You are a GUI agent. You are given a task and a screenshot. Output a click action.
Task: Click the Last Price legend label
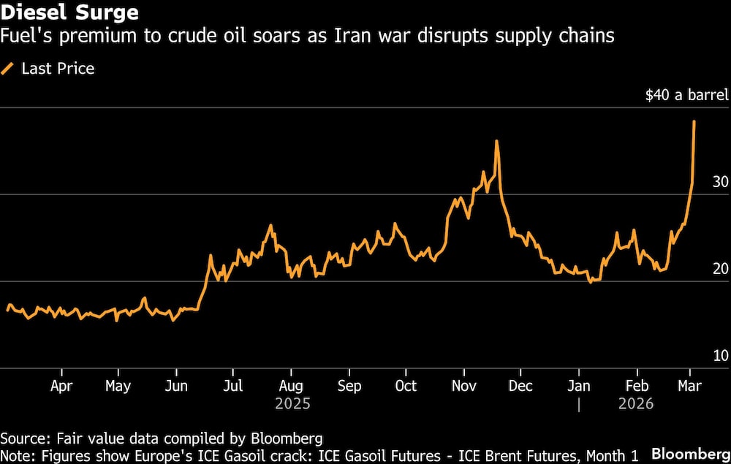58,69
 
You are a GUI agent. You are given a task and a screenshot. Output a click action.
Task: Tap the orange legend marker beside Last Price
9,69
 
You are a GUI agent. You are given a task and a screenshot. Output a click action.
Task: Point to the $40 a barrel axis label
687,96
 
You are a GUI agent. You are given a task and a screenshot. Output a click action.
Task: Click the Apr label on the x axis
61,386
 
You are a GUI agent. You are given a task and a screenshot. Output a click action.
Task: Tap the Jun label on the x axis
175,386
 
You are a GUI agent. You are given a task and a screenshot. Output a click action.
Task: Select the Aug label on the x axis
291,386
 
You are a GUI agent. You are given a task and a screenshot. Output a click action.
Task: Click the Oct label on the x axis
406,386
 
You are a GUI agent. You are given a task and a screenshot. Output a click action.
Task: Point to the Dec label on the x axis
520,386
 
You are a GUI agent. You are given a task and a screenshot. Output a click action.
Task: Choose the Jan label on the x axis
579,386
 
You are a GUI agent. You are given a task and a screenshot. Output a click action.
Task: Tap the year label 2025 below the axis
292,404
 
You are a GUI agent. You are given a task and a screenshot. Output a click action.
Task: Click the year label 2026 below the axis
636,404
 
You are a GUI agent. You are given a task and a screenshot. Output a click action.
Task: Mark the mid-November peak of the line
496,141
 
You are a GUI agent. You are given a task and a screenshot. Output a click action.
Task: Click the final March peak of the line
694,121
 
